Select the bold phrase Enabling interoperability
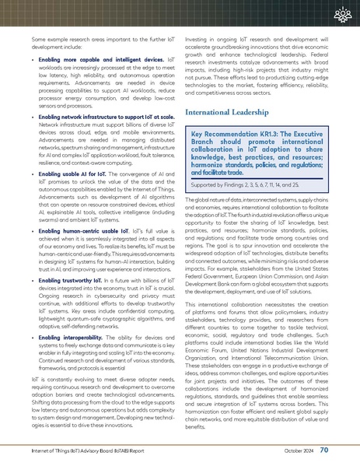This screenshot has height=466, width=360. click(x=72, y=337)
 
